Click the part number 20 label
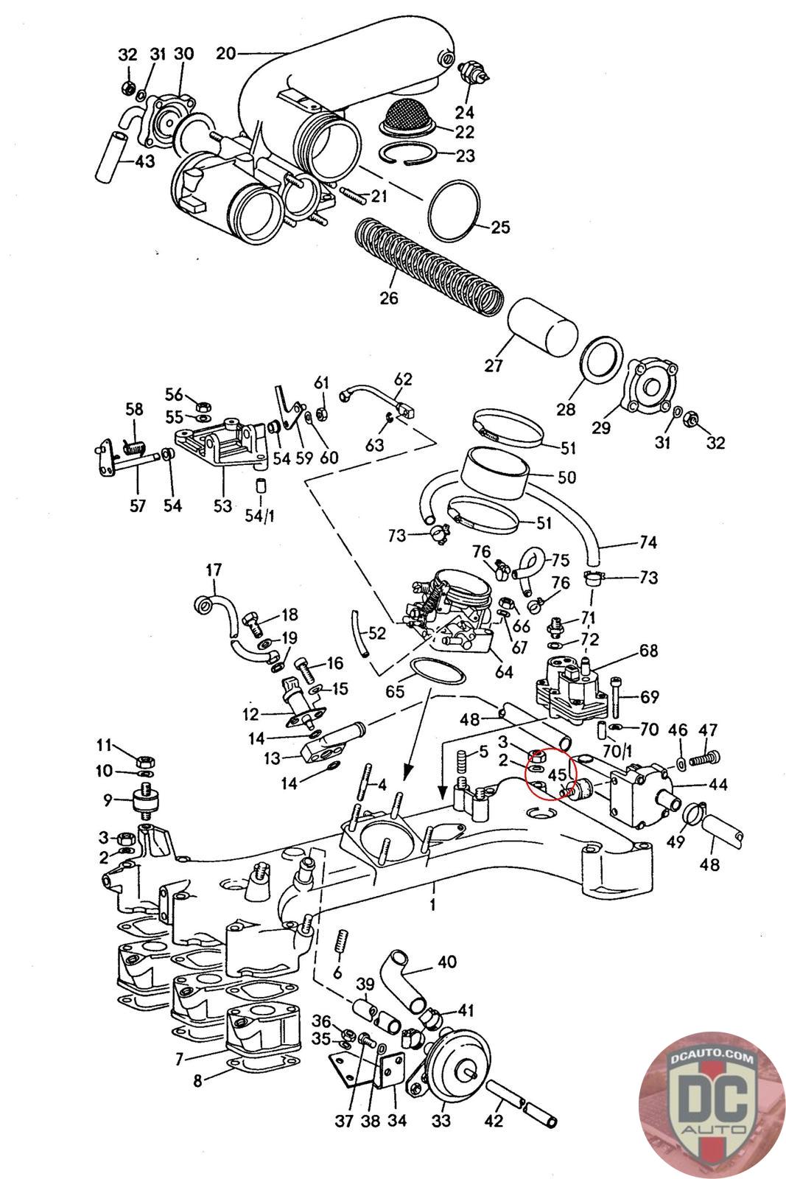click(x=225, y=53)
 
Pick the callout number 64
click(x=505, y=672)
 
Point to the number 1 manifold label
click(x=432, y=905)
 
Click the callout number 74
click(x=648, y=543)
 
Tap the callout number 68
click(x=648, y=651)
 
